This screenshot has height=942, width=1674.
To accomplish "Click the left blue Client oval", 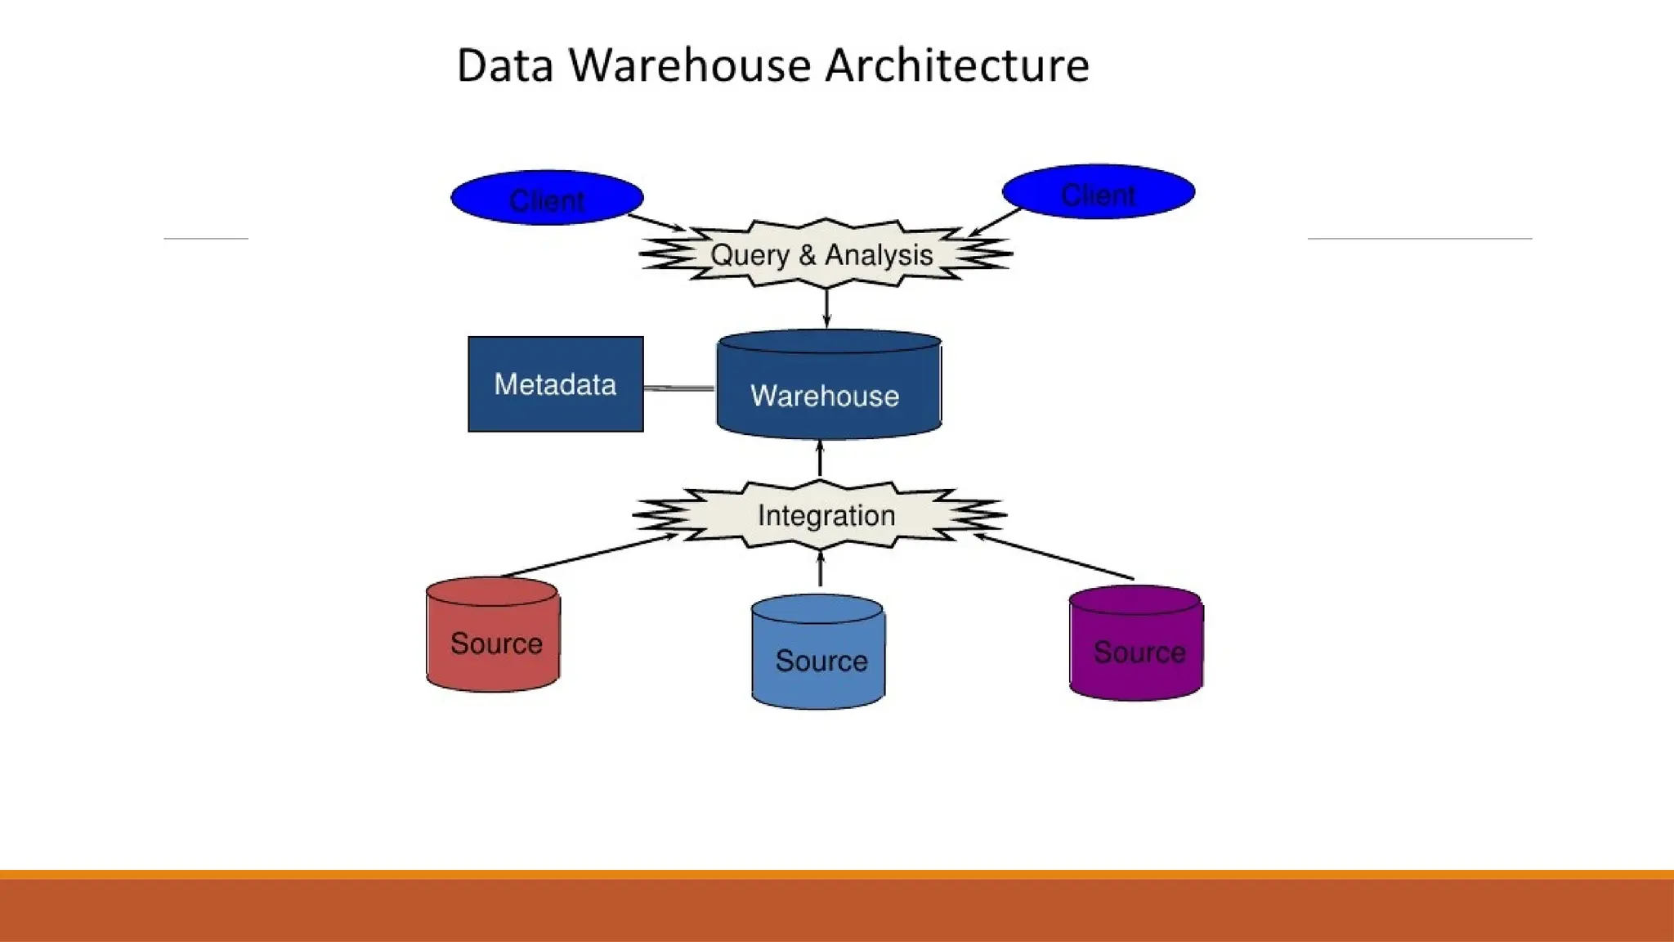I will point(547,198).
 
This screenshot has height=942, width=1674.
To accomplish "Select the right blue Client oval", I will point(1098,192).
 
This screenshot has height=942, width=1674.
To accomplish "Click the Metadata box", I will point(556,384).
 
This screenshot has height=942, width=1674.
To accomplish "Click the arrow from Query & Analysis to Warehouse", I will point(826,307).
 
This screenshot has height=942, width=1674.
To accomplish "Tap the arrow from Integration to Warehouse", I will point(820,460).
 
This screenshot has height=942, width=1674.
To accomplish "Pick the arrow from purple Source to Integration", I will point(1054,557).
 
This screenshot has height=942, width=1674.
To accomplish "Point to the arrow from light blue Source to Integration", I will point(821,569).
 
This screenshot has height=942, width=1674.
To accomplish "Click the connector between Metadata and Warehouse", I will point(679,388).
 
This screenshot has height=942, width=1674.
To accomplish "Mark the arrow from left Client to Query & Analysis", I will point(656,222).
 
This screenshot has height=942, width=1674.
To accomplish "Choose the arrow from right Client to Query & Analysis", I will point(996,222).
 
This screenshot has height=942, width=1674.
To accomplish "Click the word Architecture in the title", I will point(957,65).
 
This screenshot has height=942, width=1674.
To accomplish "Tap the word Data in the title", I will point(505,65).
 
